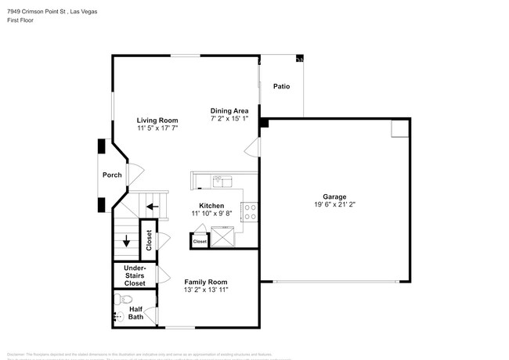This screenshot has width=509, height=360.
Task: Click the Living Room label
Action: tap(153, 120)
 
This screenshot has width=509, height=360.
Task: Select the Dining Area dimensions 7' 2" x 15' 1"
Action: tap(229, 119)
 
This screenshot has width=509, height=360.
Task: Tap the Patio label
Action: tap(281, 86)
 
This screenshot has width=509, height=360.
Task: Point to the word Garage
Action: tap(334, 197)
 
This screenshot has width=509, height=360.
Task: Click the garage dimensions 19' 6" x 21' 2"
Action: tap(334, 205)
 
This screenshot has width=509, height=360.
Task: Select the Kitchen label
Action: tap(211, 205)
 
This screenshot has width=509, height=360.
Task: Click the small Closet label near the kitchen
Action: tap(200, 242)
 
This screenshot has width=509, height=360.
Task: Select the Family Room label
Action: tap(205, 282)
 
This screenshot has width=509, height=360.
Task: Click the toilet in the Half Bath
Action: tap(129, 299)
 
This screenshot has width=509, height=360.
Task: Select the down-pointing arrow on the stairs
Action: tap(126, 240)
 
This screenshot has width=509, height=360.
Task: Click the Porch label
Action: tap(112, 175)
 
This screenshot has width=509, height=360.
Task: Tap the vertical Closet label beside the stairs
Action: tap(148, 240)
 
